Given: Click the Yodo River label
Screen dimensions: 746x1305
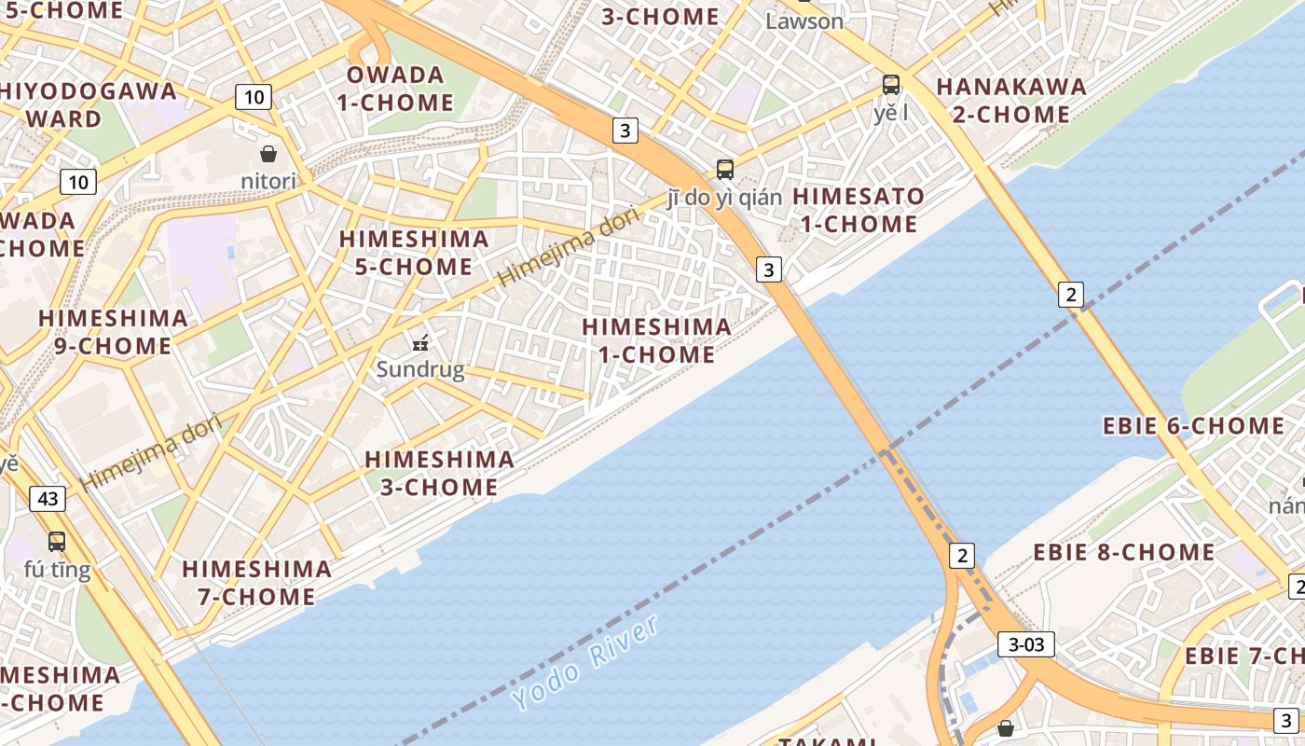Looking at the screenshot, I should (x=585, y=663).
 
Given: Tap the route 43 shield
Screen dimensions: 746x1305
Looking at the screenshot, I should (x=48, y=499).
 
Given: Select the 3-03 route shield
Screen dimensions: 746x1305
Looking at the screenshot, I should (x=1025, y=643).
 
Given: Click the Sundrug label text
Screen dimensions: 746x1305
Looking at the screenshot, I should (x=420, y=370).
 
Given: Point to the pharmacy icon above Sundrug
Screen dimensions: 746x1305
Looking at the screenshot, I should (x=420, y=342).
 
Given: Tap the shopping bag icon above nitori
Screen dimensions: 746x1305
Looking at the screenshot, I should (x=268, y=154).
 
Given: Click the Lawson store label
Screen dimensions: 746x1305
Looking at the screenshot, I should (x=804, y=21).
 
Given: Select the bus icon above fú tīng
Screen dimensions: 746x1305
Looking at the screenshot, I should (x=57, y=541).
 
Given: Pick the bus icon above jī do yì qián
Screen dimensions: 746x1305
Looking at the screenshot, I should (x=724, y=170).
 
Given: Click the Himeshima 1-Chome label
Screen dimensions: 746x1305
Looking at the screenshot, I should (x=656, y=340).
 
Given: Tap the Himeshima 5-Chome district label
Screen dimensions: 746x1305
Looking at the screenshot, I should (x=413, y=252).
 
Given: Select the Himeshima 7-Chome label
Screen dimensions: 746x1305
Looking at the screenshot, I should (x=256, y=582).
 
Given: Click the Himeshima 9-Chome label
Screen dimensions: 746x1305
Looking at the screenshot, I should (x=113, y=331).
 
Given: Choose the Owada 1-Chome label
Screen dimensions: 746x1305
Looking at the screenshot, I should (x=395, y=89).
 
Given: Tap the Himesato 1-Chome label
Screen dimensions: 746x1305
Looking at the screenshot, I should (x=857, y=210).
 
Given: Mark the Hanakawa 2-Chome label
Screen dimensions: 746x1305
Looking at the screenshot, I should (x=1010, y=100).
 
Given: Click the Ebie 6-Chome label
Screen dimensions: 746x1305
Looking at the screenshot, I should (x=1193, y=426).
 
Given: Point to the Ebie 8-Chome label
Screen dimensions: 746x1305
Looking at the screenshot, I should (x=1123, y=552).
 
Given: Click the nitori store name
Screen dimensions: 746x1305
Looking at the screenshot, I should (x=268, y=181).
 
